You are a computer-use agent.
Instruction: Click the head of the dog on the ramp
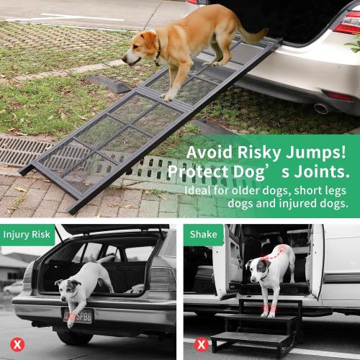141,49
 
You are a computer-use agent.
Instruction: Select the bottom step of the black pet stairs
248,339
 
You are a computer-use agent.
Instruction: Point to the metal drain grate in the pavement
29,151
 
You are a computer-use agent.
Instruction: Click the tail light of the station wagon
162,281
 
